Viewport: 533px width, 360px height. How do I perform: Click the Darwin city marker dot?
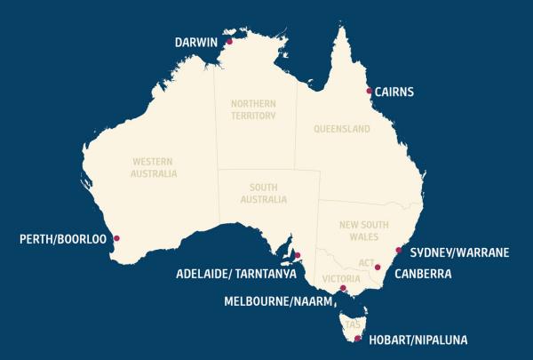click(229, 41)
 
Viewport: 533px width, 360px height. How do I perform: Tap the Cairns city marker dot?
click(369, 91)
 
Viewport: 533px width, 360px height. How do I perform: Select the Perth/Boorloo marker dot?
click(117, 238)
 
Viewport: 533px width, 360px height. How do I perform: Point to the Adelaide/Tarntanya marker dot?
click(298, 256)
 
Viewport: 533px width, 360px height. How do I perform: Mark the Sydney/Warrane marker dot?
click(398, 251)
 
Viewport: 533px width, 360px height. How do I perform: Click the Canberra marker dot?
click(378, 267)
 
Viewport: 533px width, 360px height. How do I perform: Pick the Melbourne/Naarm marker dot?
click(343, 288)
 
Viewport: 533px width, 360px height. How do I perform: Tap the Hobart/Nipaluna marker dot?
click(357, 339)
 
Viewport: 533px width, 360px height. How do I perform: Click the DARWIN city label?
click(198, 41)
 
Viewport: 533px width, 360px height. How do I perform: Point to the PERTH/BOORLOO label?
click(63, 238)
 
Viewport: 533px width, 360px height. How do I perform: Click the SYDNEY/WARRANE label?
click(458, 252)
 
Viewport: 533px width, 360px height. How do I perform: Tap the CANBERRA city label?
click(423, 274)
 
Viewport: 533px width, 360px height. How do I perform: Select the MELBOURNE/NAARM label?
click(277, 301)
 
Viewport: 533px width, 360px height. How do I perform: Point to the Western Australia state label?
click(154, 167)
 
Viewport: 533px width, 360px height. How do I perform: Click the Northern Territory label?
click(254, 109)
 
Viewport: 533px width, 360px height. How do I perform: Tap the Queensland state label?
click(341, 129)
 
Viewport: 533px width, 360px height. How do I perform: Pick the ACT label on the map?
click(366, 263)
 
